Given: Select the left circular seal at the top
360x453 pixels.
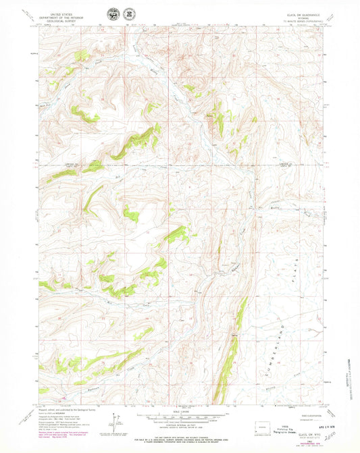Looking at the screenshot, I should pos(111,14).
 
